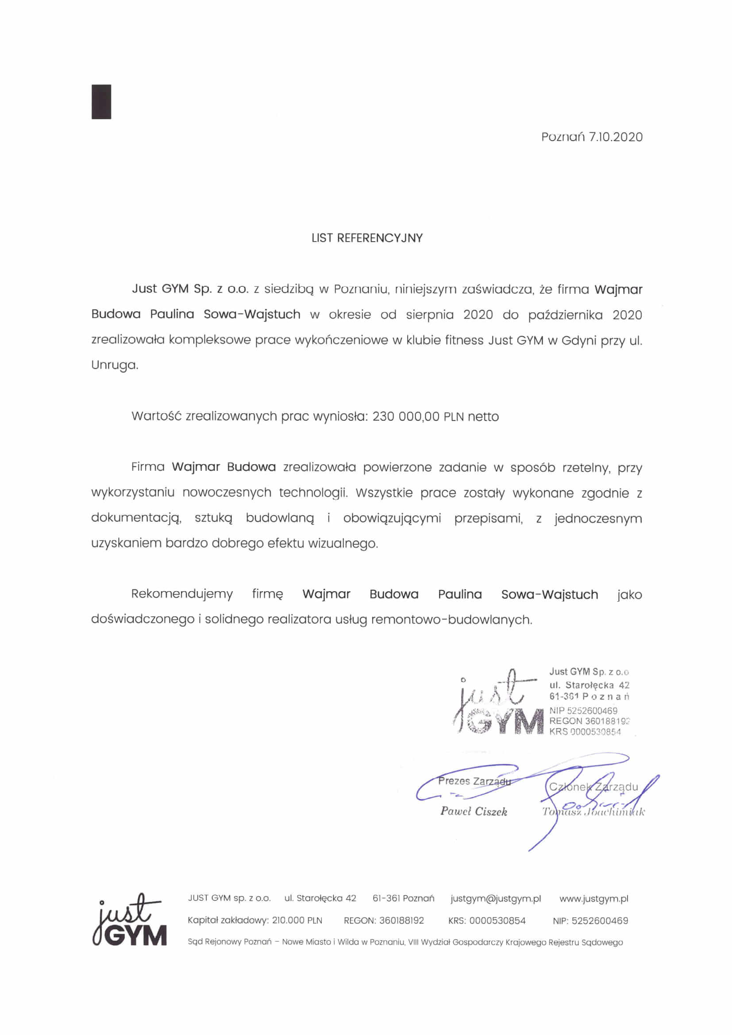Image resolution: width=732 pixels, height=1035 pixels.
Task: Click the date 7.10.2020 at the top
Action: coord(615,137)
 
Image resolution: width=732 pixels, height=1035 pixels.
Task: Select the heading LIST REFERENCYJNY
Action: coord(367,238)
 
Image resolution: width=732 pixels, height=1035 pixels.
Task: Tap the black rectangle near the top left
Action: coord(101,102)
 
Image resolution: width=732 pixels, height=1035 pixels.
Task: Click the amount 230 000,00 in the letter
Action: coord(406,416)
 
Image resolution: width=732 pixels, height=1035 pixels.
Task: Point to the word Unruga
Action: coord(115,365)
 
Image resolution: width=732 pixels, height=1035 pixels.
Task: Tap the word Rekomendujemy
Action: coord(181,594)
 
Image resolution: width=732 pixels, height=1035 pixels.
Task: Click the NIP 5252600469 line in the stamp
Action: coord(583,711)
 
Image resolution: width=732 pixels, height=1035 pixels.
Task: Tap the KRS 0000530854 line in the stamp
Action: coord(585,731)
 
